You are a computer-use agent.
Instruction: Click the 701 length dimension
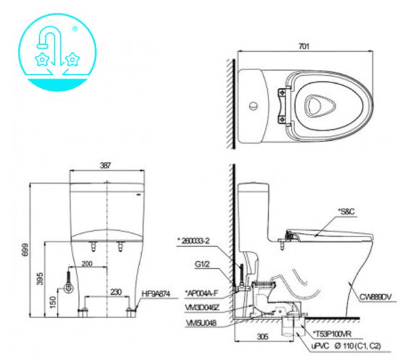point(304,46)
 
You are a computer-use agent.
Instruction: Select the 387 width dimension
point(105,165)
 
